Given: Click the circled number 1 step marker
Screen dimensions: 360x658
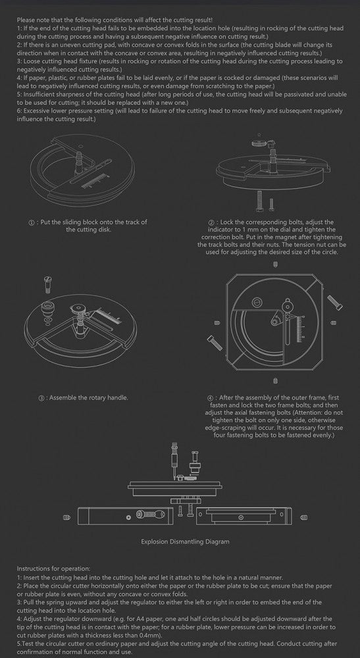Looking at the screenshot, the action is tap(31, 222).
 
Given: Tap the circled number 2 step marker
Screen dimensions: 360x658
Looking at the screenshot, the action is tap(211, 222).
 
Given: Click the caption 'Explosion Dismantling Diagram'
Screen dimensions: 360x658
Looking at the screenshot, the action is tap(185, 542).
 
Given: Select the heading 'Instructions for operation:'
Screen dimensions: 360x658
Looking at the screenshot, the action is tap(53, 569).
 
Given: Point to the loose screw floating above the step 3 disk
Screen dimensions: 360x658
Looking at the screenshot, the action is tap(46, 285).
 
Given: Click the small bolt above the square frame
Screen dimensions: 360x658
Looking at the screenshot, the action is tap(275, 265).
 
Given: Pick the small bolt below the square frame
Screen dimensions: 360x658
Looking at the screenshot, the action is tap(275, 380).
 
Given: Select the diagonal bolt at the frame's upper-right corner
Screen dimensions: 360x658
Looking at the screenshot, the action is tap(335, 302).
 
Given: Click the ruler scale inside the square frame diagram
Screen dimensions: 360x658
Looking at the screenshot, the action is tap(300, 330).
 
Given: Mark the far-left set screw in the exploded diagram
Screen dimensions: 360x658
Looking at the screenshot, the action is tap(66, 517).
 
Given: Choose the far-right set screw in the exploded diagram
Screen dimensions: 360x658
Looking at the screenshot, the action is tap(305, 517).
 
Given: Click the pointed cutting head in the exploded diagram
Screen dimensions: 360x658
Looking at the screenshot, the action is tap(172, 462).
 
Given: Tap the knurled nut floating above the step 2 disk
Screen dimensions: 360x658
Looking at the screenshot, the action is tap(257, 143).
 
